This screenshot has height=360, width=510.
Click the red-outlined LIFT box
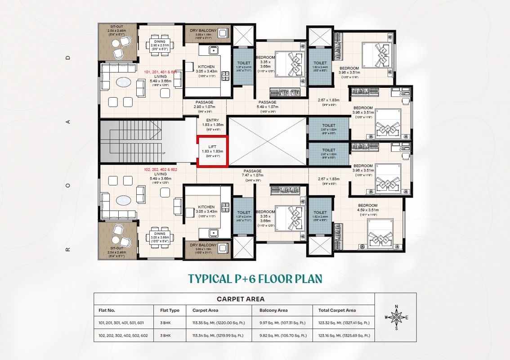(212, 151)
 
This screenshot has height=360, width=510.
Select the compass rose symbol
(396, 317)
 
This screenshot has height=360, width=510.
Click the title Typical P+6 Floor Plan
(255, 279)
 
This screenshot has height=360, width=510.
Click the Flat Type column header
(170, 310)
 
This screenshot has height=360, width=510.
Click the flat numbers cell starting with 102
(123, 335)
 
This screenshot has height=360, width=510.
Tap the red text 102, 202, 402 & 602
(160, 170)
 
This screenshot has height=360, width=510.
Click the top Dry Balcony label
(203, 31)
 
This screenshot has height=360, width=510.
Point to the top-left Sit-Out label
(116, 26)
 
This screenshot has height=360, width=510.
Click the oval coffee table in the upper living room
(123, 83)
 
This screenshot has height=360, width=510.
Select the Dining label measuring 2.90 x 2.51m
(160, 42)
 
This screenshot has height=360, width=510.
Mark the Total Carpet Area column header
(337, 310)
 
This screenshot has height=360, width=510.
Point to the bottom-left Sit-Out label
(116, 248)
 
